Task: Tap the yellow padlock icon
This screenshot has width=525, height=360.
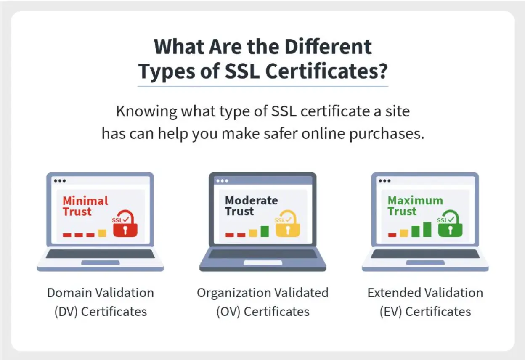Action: [x=288, y=226]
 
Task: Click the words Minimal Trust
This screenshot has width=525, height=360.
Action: [x=85, y=206]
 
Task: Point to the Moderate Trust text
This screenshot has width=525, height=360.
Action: [x=251, y=206]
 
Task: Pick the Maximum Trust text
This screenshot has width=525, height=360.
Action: [x=415, y=206]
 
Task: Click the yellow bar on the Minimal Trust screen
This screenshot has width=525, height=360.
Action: [x=102, y=233]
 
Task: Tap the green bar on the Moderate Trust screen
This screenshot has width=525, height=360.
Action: [x=265, y=231]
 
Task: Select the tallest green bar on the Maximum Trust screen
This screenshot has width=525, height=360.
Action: [x=427, y=229]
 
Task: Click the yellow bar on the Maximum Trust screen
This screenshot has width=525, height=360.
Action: [x=404, y=233]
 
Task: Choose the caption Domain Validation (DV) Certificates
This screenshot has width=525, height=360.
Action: [x=101, y=302]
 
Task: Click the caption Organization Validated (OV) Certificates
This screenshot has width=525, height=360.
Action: [x=262, y=302]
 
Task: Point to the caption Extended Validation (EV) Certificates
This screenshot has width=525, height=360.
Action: [x=425, y=302]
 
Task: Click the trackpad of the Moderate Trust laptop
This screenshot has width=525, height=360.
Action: [x=263, y=262]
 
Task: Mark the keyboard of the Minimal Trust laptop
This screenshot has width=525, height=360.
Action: [x=100, y=254]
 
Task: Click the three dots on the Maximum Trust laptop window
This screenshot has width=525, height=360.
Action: [x=384, y=181]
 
